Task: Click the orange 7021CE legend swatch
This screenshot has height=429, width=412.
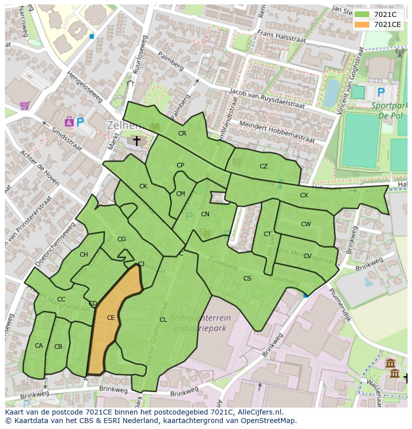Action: tap(362, 24)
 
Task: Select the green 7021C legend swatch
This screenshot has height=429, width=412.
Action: tap(362, 14)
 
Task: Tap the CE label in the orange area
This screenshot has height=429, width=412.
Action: tap(111, 317)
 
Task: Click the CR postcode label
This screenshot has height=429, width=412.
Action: tap(182, 134)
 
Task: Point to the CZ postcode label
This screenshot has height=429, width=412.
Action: tap(264, 166)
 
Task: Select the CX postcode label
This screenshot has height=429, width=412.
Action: tap(304, 195)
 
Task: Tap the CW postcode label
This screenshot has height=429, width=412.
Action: tap(306, 224)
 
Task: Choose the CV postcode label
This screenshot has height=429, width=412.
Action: tap(308, 256)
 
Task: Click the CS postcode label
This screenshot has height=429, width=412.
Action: tap(247, 279)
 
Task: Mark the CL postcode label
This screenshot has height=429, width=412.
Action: tap(163, 320)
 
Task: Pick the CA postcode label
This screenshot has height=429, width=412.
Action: tap(39, 346)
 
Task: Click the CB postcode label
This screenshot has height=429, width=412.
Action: tap(58, 347)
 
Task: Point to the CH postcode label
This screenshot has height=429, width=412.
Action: tap(84, 255)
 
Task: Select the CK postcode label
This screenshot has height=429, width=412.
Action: tap(143, 186)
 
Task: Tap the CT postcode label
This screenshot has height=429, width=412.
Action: tap(268, 234)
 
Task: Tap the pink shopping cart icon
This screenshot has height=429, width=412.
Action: tap(24, 105)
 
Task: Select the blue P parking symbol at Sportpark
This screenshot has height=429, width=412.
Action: tap(381, 92)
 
